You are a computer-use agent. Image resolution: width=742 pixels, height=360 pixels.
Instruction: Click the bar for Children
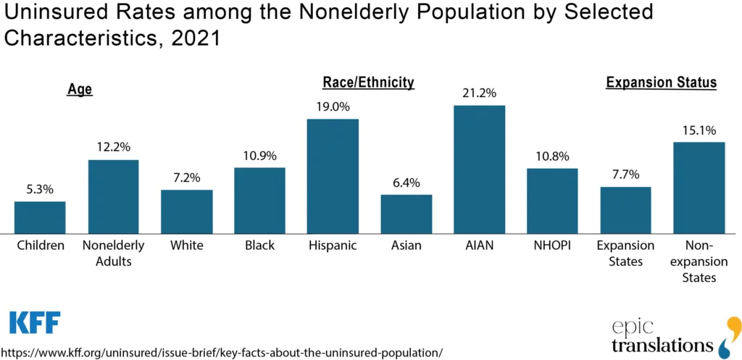tap(40, 217)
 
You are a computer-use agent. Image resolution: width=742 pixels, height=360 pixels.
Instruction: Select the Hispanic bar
tap(333, 176)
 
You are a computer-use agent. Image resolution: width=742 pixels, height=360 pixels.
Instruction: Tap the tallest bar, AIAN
tap(479, 169)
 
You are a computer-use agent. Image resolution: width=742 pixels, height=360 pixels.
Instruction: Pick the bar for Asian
tap(406, 214)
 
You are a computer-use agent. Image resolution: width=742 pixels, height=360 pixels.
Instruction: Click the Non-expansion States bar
tap(699, 188)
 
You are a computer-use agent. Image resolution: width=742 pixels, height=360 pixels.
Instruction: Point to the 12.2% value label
tap(113, 147)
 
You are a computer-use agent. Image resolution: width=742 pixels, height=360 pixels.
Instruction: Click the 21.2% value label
tap(479, 93)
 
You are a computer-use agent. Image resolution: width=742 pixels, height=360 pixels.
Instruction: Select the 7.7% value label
tap(625, 174)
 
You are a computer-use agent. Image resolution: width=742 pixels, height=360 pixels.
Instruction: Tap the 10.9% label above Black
tap(259, 155)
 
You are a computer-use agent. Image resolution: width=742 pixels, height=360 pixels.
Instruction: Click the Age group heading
tap(80, 90)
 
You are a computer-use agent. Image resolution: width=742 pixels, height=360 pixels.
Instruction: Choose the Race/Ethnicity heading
tap(368, 83)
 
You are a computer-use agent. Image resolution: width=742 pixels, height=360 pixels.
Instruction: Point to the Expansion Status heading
tap(661, 83)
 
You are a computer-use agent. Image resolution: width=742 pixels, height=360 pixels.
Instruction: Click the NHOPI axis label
tap(552, 246)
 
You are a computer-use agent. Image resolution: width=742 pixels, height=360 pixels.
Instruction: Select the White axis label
tap(186, 246)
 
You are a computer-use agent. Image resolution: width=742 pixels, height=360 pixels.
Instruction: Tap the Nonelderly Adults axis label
tap(113, 253)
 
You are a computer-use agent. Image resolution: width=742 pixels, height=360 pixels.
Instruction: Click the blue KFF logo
tap(34, 322)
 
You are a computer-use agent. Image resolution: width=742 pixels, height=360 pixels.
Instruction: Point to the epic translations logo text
tap(662, 336)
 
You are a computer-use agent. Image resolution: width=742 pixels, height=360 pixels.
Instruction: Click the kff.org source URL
tap(221, 352)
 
